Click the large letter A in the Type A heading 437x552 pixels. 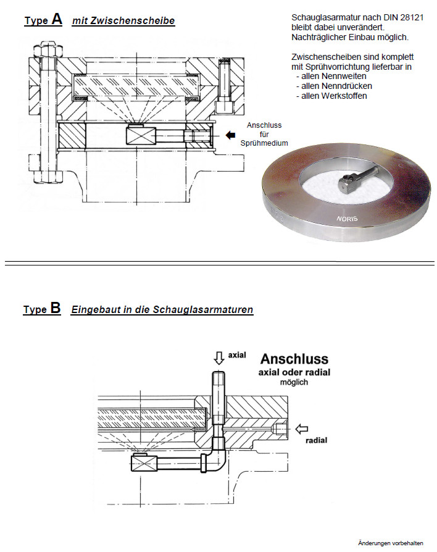click(57, 19)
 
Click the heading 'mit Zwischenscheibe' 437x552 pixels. click(123, 21)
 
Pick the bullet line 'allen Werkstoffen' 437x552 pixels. click(331, 96)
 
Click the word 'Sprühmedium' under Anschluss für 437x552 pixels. click(264, 143)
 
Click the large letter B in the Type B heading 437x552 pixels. click(56, 308)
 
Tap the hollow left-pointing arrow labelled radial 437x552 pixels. click(302, 429)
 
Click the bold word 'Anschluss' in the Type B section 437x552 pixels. click(294, 359)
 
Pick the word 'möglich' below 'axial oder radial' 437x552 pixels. click(294, 382)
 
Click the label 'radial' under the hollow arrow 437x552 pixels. click(316, 440)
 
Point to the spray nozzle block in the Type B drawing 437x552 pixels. click(143, 461)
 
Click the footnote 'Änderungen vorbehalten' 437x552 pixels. click(390, 543)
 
